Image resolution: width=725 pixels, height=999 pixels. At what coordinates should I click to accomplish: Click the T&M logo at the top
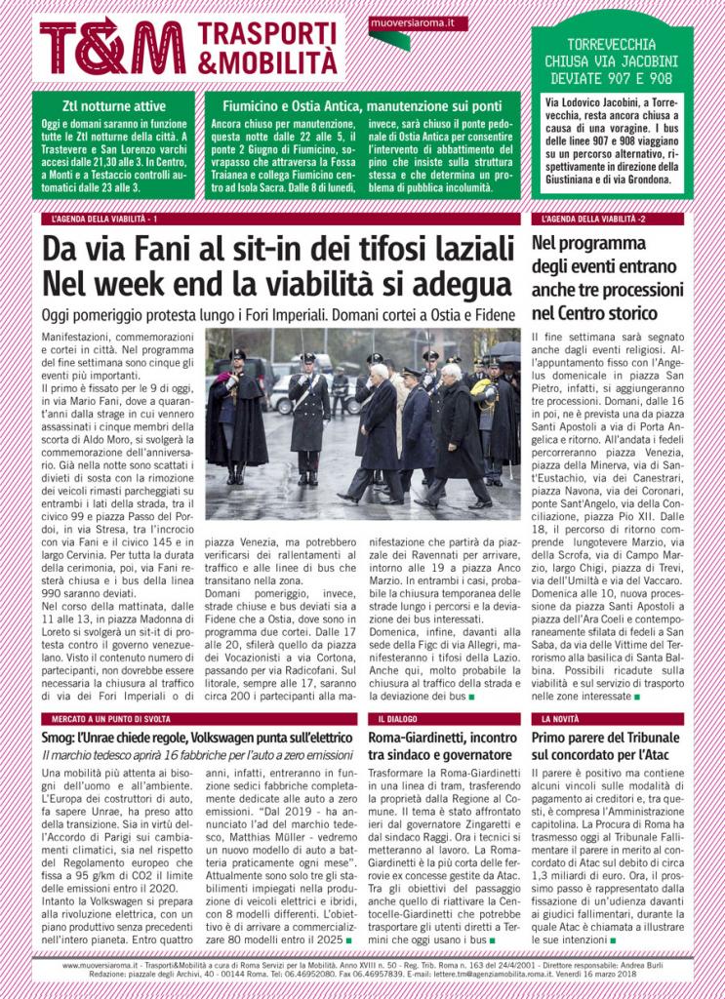(x=111, y=47)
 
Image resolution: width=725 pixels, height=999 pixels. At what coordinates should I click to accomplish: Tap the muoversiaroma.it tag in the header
(x=419, y=22)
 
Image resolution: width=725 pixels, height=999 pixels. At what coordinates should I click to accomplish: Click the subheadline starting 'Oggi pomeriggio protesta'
(x=278, y=315)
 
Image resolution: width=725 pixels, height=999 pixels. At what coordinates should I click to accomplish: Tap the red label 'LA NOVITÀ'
(x=561, y=717)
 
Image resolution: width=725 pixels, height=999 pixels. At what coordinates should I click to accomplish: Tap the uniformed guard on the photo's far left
(x=234, y=415)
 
